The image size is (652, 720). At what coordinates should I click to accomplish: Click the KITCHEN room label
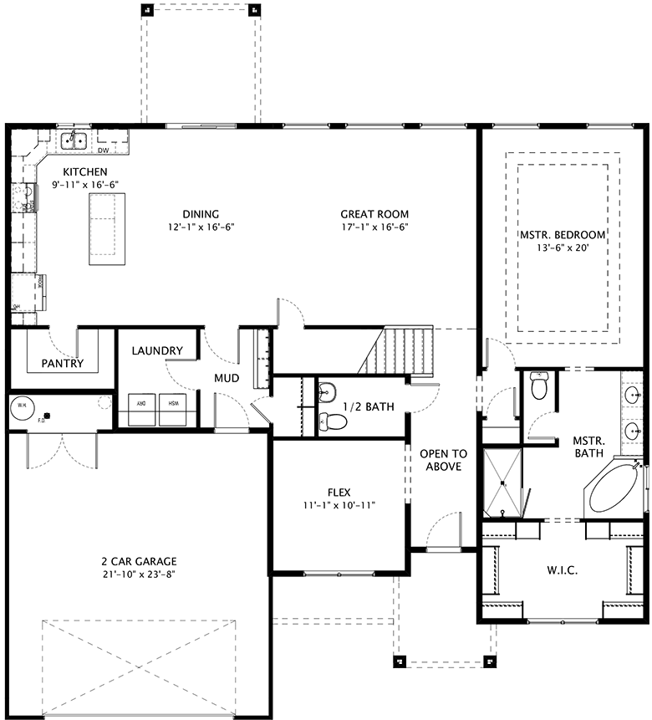[x=79, y=171]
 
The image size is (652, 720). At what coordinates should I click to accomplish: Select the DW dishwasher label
[x=104, y=151]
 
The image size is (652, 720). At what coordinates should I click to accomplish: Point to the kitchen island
[x=107, y=228]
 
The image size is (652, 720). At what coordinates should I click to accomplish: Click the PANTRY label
[x=61, y=364]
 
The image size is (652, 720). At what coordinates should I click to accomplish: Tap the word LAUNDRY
[x=157, y=350]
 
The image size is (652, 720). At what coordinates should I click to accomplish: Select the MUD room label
[x=226, y=378]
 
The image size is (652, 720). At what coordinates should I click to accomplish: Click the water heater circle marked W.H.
[x=21, y=407]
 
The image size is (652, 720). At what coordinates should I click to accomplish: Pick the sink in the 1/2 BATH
[x=326, y=391]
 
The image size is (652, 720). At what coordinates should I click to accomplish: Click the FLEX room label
[x=339, y=492]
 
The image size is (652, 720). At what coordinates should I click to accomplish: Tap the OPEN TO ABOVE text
[x=443, y=460]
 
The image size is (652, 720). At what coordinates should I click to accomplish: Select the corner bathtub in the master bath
[x=615, y=492]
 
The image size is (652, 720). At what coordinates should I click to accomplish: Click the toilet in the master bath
[x=540, y=386]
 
